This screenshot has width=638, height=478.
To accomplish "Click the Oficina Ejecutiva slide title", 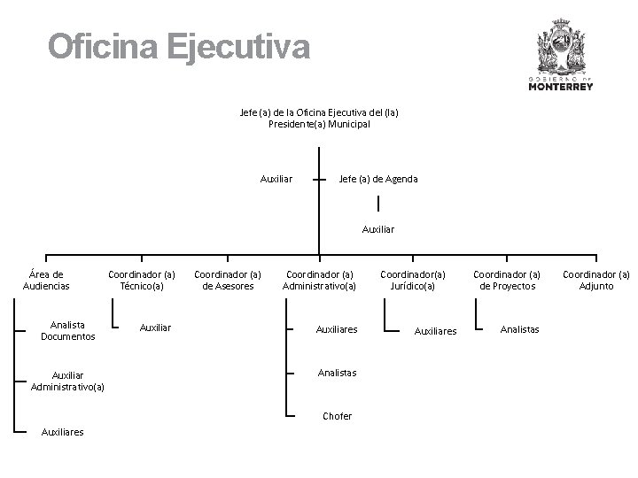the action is coord(179,46).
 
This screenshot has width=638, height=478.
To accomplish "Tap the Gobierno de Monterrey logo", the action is coord(560,58).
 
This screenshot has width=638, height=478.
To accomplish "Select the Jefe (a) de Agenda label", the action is coord(378,179).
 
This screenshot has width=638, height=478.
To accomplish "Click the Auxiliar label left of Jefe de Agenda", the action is coord(276,179).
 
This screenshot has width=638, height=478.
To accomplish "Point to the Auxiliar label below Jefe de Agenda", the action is coord(378,229).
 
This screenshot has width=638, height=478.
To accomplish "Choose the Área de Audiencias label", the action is coord(45,281).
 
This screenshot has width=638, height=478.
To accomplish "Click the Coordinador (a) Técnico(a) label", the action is coord(142,281).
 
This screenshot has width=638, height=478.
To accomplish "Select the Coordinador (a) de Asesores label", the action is coord(228,281).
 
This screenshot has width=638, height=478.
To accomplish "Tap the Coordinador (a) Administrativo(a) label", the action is coord(319,281).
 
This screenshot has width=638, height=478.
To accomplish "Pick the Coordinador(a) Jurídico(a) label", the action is coord(413,281).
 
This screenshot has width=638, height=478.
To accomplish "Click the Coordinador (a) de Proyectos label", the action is coord(507,281).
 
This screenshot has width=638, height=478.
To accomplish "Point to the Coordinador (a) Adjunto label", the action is coord(596,281).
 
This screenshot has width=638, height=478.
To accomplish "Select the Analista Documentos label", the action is coord(67,331).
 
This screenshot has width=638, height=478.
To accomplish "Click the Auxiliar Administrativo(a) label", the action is coord(67,381).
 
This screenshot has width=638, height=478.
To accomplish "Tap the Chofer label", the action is coord(337,416).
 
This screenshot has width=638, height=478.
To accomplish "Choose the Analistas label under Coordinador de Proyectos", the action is coord(519,329).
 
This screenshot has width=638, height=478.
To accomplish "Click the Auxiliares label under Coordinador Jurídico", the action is coord(435,331).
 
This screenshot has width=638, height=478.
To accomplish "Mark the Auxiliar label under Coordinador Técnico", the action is coord(156,328).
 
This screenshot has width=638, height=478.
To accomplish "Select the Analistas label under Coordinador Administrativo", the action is coord(337,373).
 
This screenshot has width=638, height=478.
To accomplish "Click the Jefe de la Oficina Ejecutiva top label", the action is coord(319,118).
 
